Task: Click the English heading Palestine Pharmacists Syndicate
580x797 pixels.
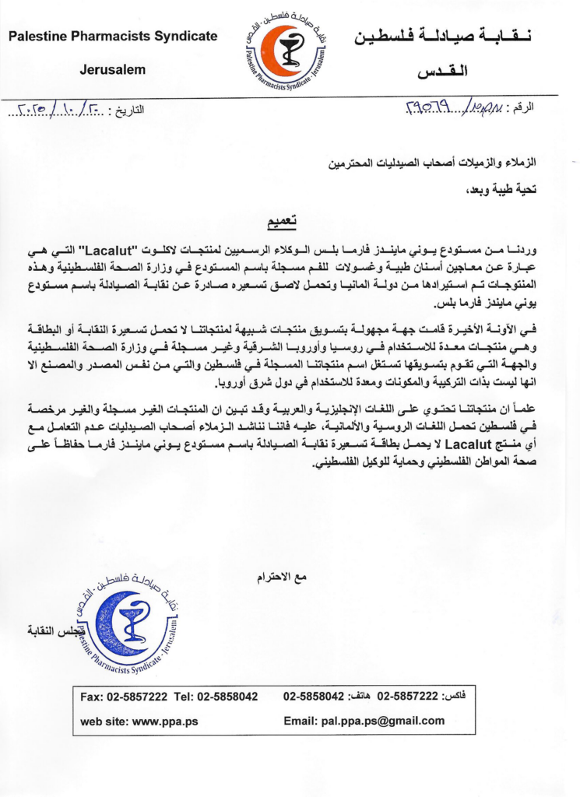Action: [113, 37]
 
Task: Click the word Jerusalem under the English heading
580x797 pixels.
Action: [113, 70]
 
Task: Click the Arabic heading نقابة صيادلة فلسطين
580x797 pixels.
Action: [452, 37]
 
